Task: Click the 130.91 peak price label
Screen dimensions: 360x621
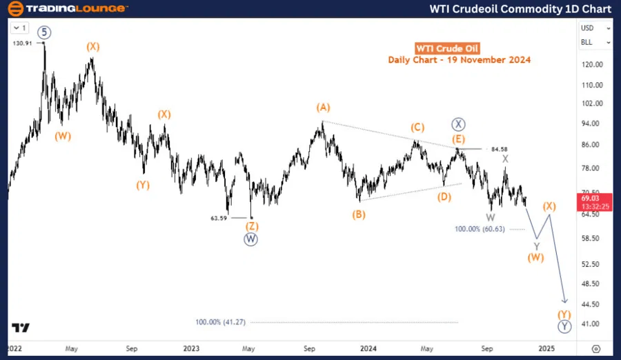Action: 22,43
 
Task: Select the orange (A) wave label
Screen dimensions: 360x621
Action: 323,108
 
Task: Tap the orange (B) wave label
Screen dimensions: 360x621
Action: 359,214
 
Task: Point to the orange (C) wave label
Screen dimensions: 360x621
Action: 417,128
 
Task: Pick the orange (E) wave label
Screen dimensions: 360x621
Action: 459,139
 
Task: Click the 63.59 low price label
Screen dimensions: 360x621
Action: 219,218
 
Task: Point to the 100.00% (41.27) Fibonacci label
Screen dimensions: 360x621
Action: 220,322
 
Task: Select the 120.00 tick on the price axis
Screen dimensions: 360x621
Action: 592,65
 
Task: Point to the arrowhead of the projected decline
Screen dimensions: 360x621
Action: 565,301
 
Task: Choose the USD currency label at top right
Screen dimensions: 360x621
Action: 588,28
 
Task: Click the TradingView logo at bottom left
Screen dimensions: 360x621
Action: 21,328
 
